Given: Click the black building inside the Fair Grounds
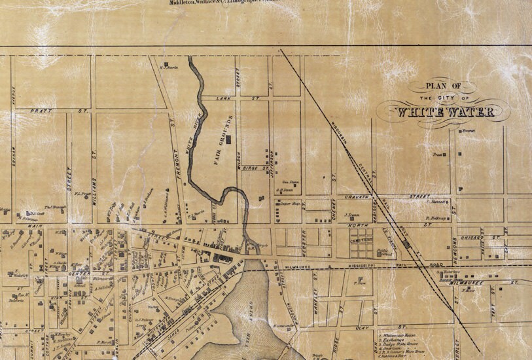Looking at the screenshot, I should point(229,139).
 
